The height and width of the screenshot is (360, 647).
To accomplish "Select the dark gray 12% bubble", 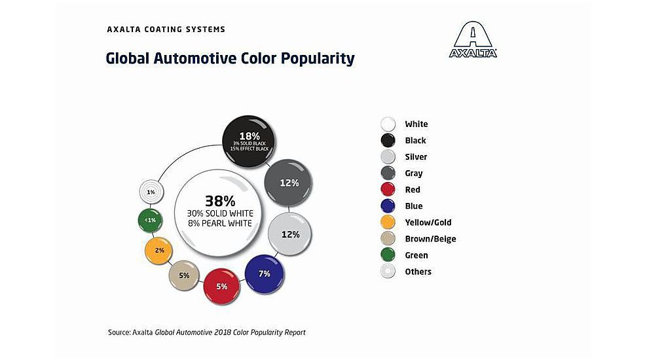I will coord(289,183).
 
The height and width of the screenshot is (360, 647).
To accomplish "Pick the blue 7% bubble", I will coord(265,274).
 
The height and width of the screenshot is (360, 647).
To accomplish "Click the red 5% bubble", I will coord(221,285).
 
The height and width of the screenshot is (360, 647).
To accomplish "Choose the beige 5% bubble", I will coord(184,276).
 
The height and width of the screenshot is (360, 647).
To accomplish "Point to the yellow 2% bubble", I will coord(159,251).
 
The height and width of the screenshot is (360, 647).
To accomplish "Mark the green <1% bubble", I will coord(151,220).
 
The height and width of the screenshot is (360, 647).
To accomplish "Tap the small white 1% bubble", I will coord(151,192).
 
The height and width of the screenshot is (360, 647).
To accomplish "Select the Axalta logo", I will coord(473,40).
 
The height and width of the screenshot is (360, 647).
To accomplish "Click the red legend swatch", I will coord(388,190).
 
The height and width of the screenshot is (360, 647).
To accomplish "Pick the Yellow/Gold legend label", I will coord(428,223).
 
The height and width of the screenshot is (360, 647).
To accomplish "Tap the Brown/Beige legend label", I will coord(430,239).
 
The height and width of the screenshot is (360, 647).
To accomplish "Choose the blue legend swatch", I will coord(388,206).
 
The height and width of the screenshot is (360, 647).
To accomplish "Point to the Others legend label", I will coord(418,272).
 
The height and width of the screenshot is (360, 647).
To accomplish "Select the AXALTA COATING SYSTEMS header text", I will coord(166,29).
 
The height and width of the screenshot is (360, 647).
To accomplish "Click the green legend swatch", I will coord(388,255).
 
